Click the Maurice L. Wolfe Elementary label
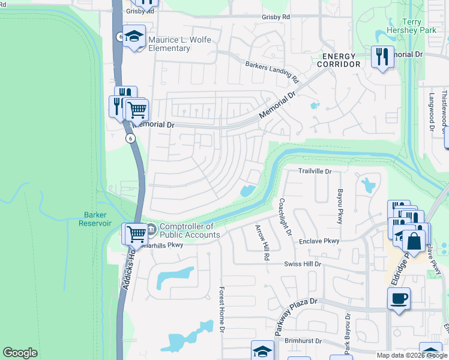pyautogui.click(x=182, y=44)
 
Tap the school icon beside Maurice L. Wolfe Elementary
pyautogui.click(x=135, y=38)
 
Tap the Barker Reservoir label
pyautogui.click(x=95, y=218)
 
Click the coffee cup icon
pyautogui.click(x=399, y=298)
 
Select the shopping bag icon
pyautogui.click(x=414, y=242)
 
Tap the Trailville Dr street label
pyautogui.click(x=315, y=171)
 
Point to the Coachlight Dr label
pyautogui.click(x=285, y=217)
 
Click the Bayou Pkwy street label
pyautogui.click(x=340, y=206)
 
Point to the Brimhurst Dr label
pyautogui.click(x=303, y=340)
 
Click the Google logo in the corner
pyautogui.click(x=20, y=353)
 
